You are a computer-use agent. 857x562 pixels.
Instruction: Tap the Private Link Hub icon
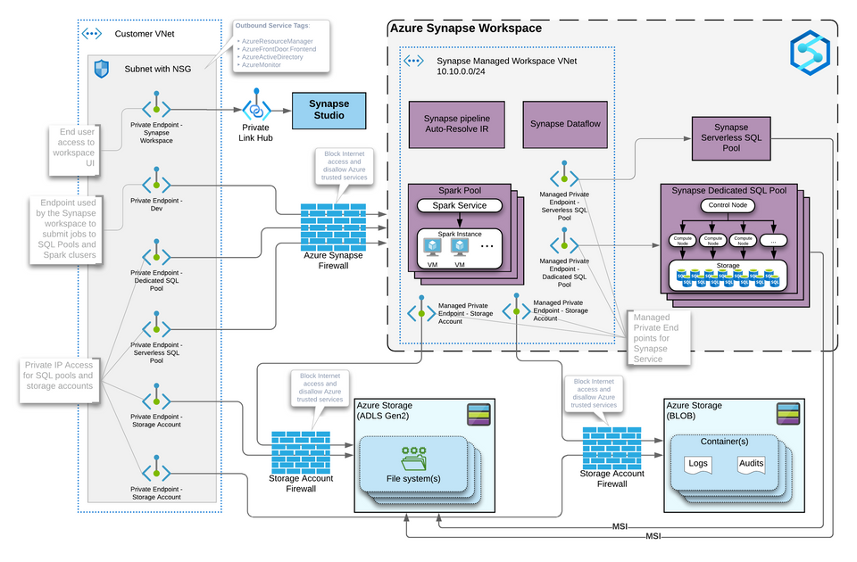pos(257,108)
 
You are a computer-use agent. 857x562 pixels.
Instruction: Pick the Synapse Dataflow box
pos(567,125)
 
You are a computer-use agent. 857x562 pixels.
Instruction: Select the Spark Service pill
pos(460,205)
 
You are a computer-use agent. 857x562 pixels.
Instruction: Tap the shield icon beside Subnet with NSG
pos(102,68)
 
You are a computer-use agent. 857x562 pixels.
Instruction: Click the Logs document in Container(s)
pos(697,465)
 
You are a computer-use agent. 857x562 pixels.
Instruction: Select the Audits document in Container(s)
pos(752,465)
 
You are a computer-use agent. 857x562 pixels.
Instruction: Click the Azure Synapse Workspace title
pos(465,29)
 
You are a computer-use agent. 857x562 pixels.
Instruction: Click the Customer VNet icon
pos(92,34)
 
